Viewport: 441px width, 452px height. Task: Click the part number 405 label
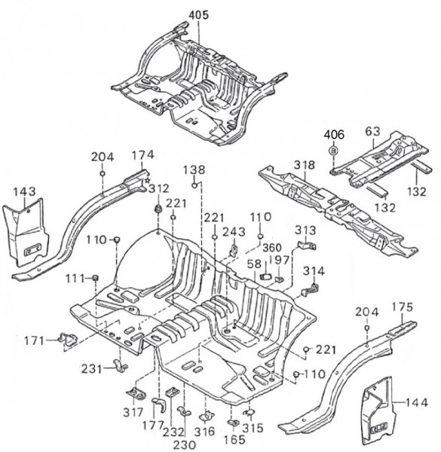(x=199, y=15)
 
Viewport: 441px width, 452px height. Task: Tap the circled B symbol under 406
(x=334, y=151)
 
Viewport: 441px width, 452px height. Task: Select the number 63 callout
(x=372, y=131)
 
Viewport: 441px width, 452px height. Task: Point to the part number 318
(x=305, y=165)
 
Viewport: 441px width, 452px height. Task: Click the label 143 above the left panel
(x=25, y=191)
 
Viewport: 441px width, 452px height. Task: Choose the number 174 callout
(x=142, y=155)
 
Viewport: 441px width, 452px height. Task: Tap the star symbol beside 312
(x=148, y=181)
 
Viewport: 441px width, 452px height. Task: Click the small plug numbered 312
(x=158, y=209)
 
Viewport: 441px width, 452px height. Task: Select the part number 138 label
(x=194, y=169)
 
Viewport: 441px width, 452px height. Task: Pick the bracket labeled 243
(x=234, y=249)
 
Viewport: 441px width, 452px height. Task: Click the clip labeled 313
(x=307, y=246)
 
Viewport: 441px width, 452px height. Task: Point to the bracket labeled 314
(x=310, y=289)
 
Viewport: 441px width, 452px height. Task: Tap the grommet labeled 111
(x=94, y=278)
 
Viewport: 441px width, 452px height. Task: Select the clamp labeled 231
(x=120, y=366)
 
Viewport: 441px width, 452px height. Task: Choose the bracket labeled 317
(x=136, y=393)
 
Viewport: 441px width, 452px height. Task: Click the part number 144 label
(x=416, y=402)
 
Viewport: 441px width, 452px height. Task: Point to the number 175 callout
(x=403, y=307)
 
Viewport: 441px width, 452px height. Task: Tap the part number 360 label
(x=272, y=248)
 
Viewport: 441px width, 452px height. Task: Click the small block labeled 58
(x=265, y=276)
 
